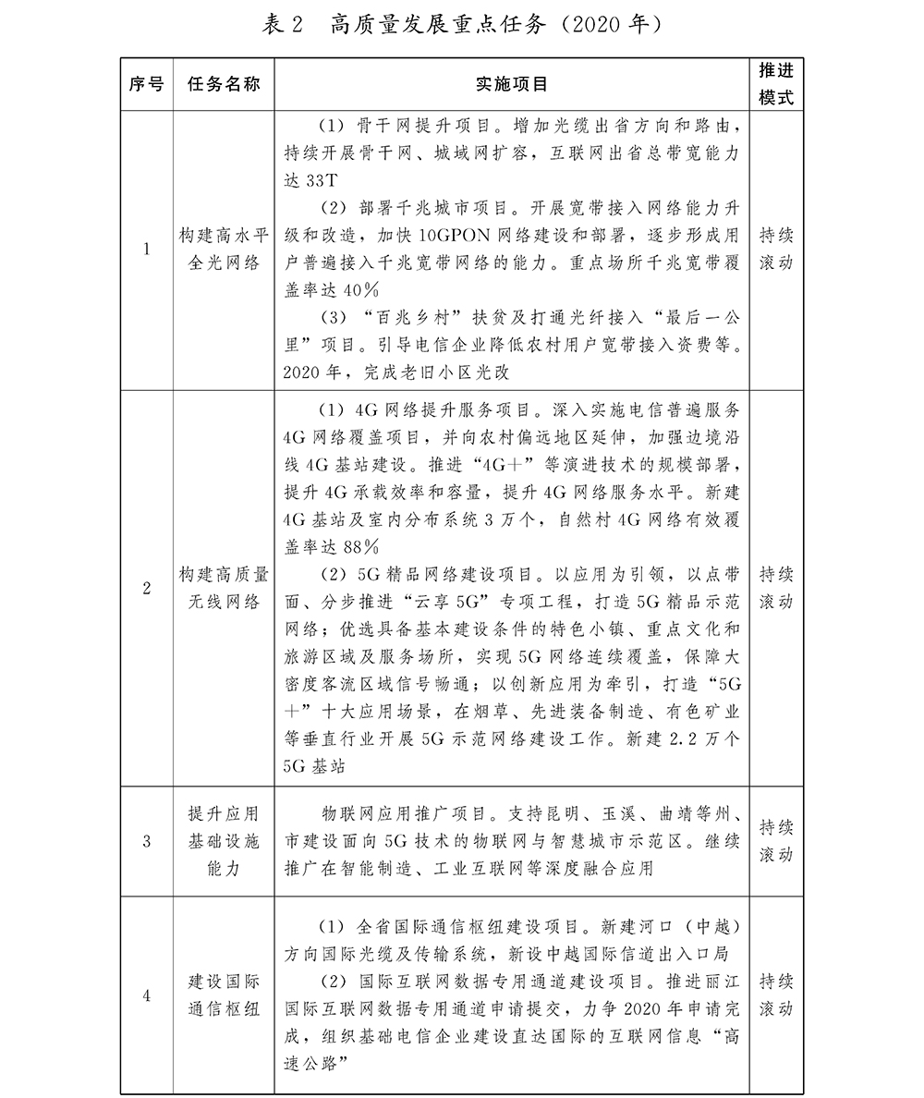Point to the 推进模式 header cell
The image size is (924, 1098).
click(776, 84)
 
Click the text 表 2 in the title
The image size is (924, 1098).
click(284, 25)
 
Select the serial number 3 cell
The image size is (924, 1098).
click(147, 841)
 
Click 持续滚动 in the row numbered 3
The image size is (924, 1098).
click(776, 841)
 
